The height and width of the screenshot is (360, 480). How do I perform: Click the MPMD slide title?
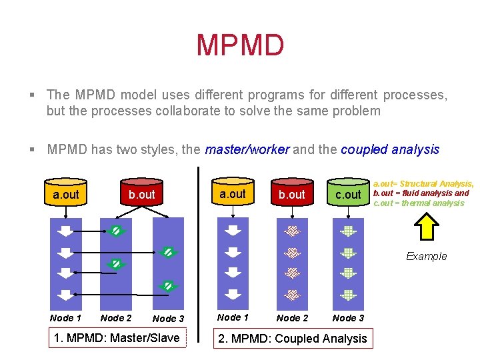pyautogui.click(x=240, y=45)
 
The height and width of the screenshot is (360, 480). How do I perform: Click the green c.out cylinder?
pyautogui.click(x=347, y=193)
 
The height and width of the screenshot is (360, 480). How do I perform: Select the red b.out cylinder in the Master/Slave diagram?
pyautogui.click(x=141, y=193)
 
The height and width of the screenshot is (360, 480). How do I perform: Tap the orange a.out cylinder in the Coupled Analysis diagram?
pyautogui.click(x=233, y=193)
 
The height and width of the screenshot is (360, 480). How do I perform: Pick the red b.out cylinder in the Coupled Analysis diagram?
pyautogui.click(x=291, y=193)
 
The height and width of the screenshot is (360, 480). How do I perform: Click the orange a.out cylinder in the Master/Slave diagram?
pyautogui.click(x=65, y=193)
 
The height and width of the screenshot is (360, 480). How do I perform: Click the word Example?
pyautogui.click(x=427, y=257)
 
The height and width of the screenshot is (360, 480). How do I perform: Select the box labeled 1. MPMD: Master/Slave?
pyautogui.click(x=117, y=338)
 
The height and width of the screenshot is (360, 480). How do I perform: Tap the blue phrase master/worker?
pyautogui.click(x=247, y=149)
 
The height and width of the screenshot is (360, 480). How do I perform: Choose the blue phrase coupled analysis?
pyautogui.click(x=390, y=149)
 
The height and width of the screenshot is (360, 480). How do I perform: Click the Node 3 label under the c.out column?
pyautogui.click(x=348, y=319)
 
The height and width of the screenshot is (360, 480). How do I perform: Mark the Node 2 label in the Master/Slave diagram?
pyautogui.click(x=116, y=318)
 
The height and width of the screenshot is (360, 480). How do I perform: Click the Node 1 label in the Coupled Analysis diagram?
pyautogui.click(x=233, y=317)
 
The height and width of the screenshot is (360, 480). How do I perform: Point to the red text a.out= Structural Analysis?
pyautogui.click(x=423, y=183)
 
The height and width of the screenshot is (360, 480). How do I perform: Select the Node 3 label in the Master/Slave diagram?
pyautogui.click(x=168, y=319)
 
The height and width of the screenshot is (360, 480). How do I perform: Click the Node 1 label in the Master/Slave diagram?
pyautogui.click(x=65, y=318)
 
